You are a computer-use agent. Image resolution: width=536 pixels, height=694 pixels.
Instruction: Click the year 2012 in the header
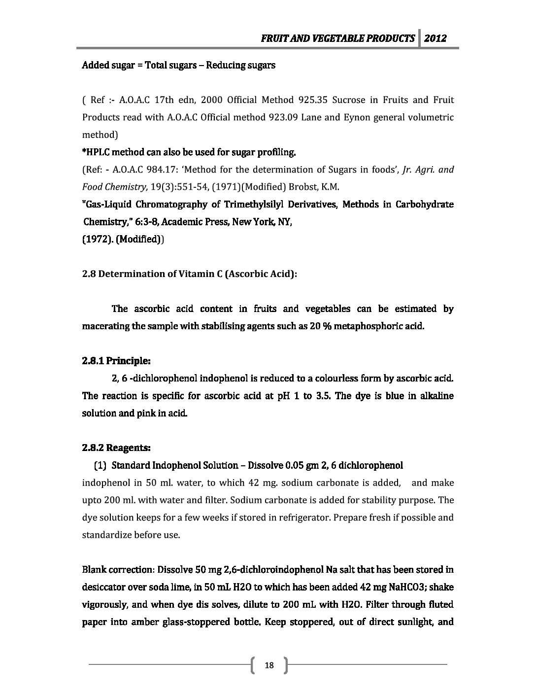pos(436,38)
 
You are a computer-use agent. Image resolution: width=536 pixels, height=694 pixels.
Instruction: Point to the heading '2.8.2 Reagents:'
pos(116,448)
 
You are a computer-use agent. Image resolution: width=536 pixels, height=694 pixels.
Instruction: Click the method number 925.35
pos(313,100)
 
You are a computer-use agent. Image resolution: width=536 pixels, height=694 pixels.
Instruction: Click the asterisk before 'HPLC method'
pos(83,152)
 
